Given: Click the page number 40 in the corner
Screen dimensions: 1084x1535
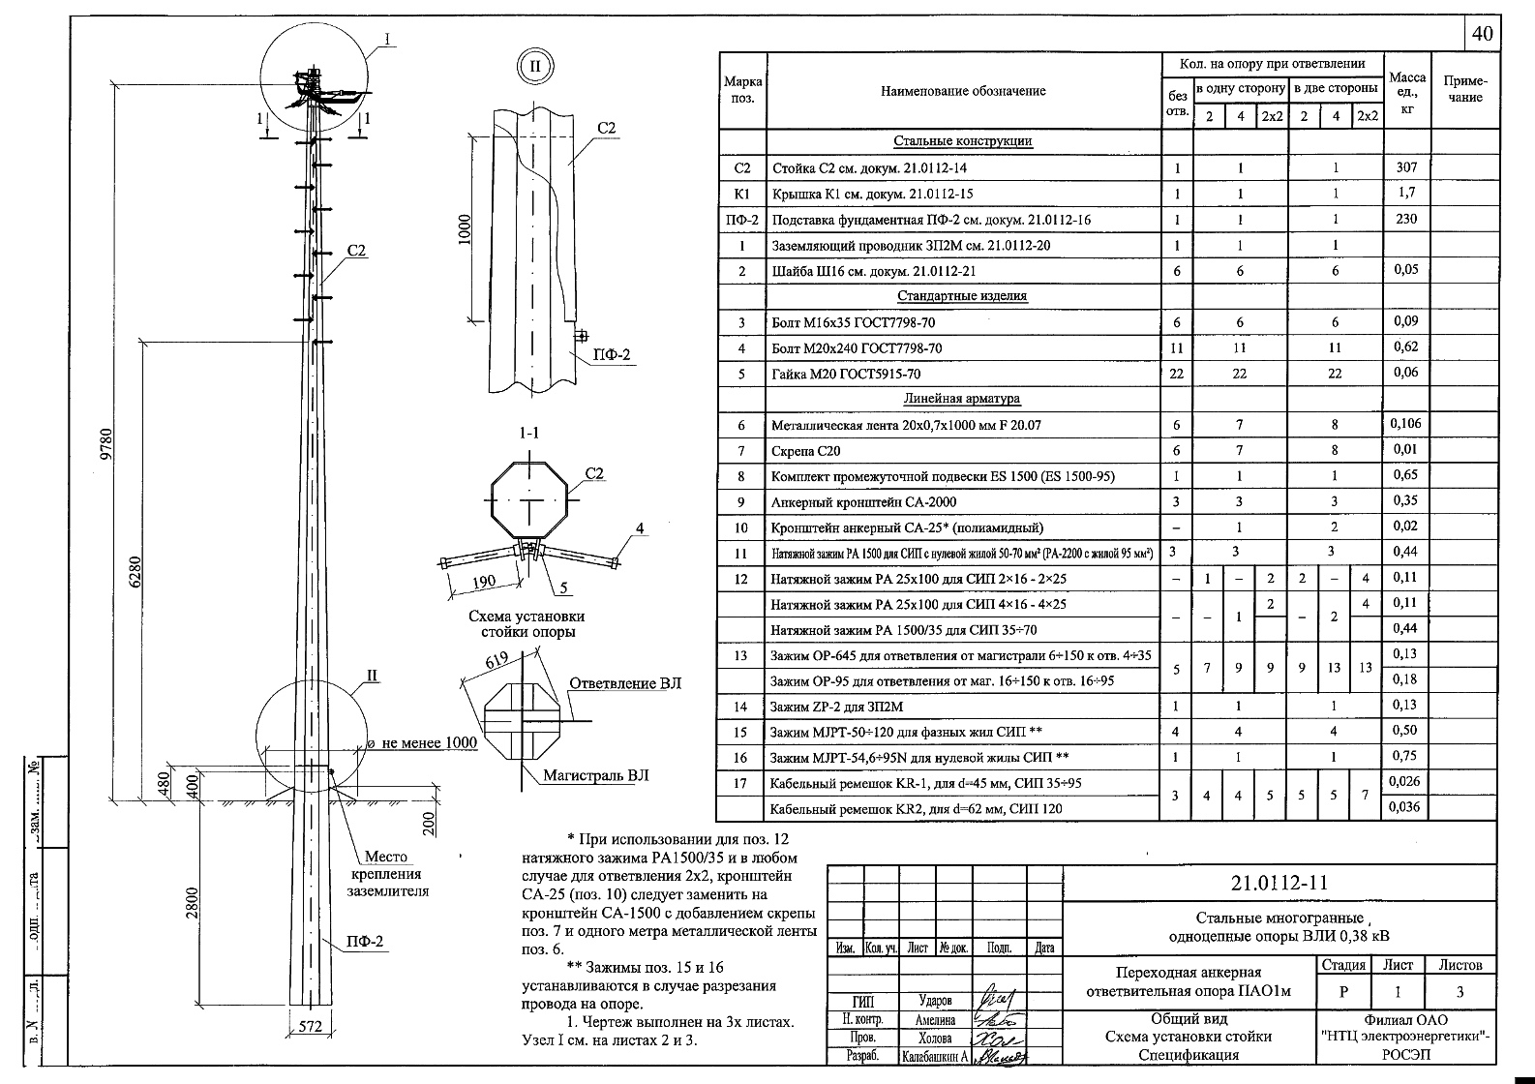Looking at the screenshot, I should click(x=1482, y=34).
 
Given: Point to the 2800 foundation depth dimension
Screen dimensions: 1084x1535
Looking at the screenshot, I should click(x=194, y=905).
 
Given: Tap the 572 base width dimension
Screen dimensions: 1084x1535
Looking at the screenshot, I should click(x=309, y=1027).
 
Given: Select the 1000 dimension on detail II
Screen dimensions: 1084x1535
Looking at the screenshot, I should click(x=466, y=230).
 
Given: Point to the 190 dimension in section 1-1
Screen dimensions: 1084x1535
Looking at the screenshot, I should click(x=481, y=581).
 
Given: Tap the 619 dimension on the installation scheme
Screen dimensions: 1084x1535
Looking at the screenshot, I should click(x=497, y=662).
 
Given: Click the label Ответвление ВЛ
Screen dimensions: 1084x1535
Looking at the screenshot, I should click(x=624, y=683).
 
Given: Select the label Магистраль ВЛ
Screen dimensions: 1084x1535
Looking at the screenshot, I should click(x=595, y=775).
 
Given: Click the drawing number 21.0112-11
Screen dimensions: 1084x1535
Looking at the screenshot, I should click(x=1279, y=882).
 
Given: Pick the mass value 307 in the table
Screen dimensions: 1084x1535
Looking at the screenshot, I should click(x=1406, y=167).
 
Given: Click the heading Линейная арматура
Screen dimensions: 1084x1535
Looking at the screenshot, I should click(x=962, y=398).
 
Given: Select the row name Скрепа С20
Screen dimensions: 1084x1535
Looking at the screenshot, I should click(x=805, y=450).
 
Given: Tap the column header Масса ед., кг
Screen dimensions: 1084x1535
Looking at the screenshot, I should click(x=1407, y=92).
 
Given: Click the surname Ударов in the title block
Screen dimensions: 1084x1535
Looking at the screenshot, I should click(x=935, y=1001).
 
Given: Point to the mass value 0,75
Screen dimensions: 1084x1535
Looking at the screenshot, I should click(x=1405, y=757).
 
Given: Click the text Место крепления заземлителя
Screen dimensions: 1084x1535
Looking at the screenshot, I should click(x=387, y=874).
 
